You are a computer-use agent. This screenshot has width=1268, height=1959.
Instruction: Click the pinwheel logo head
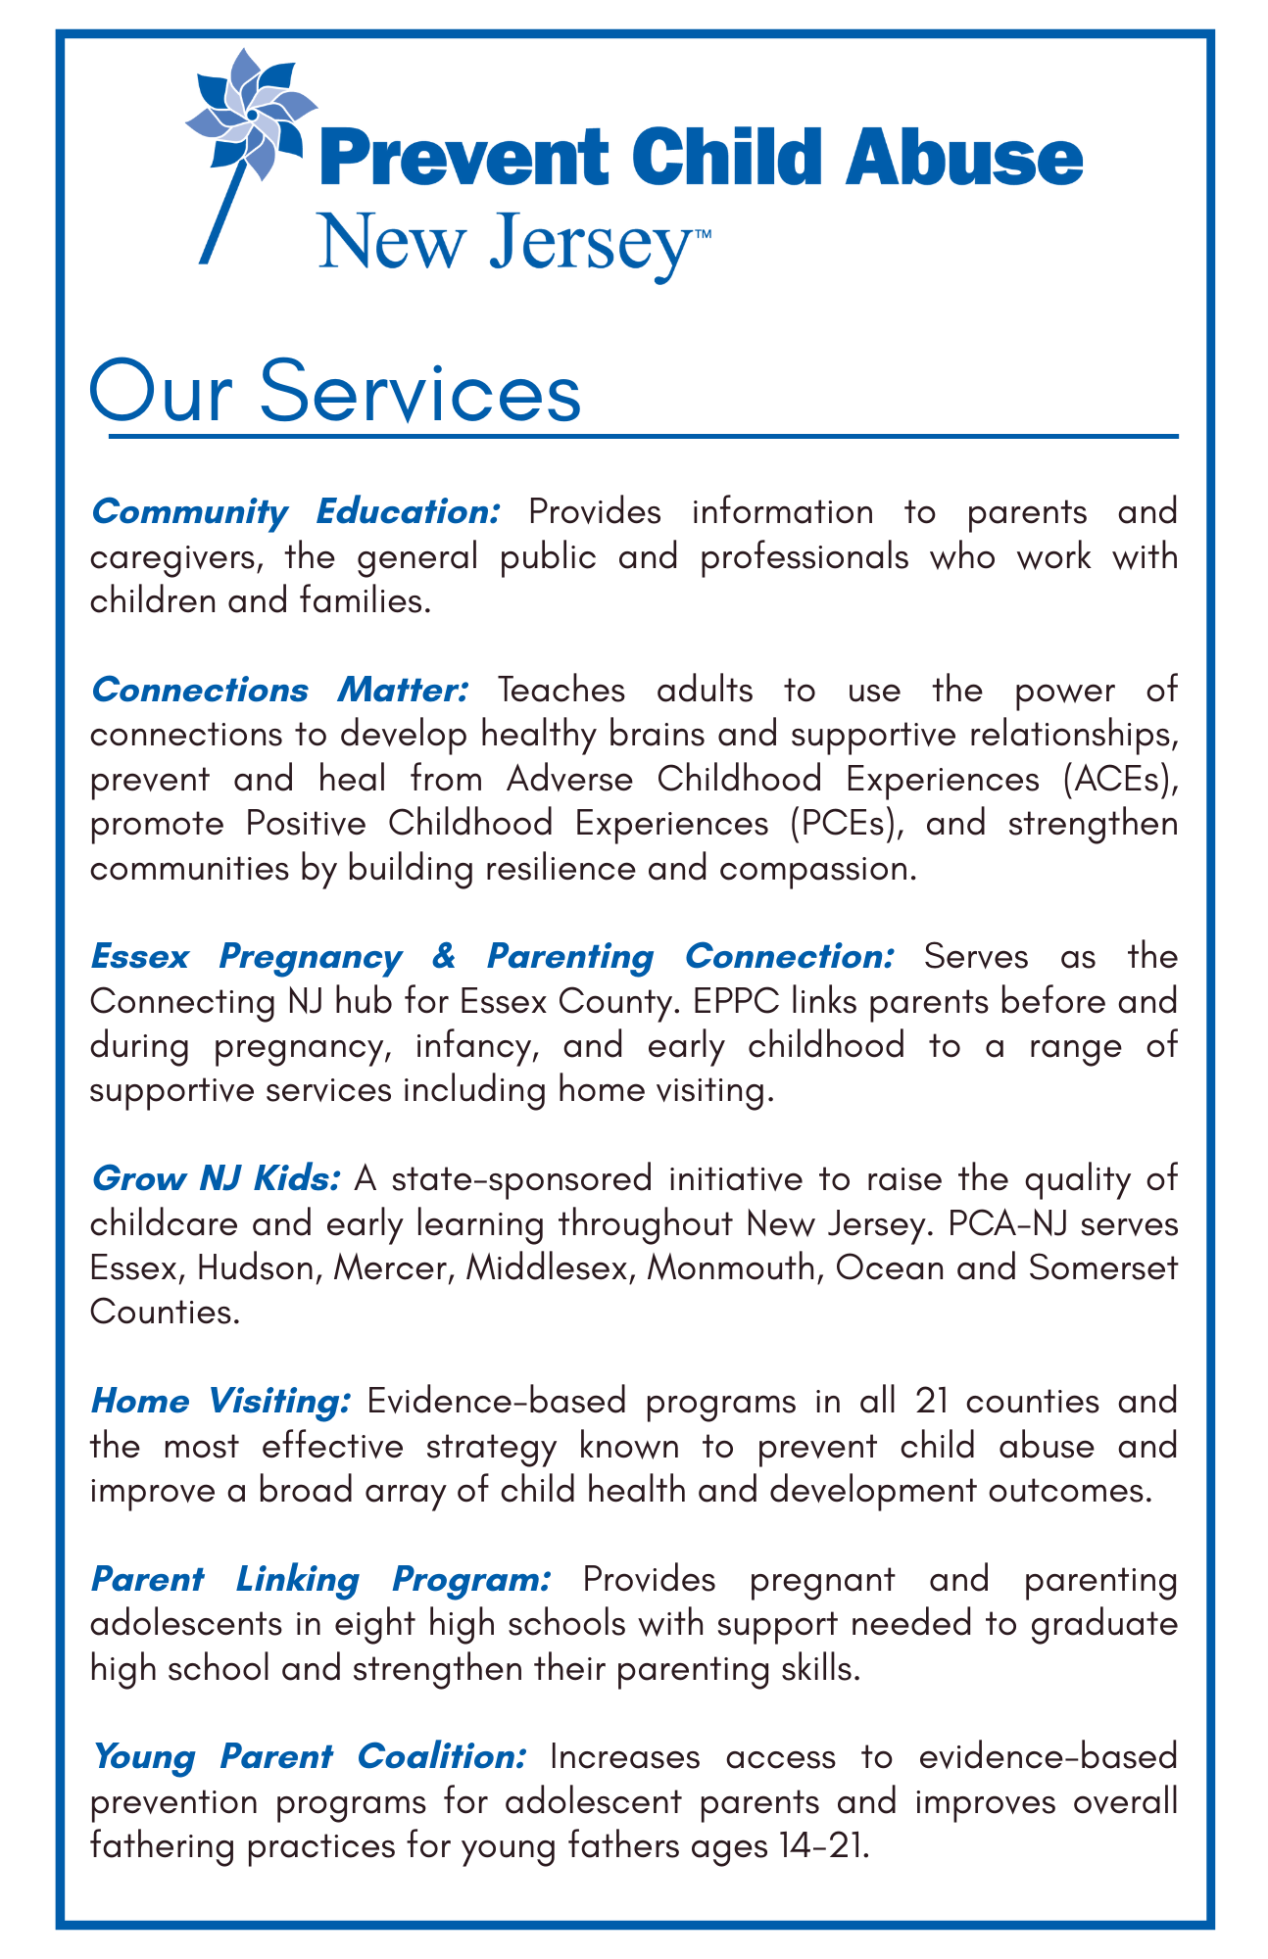(252, 115)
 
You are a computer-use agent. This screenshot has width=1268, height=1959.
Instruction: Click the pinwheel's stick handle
(223, 209)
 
